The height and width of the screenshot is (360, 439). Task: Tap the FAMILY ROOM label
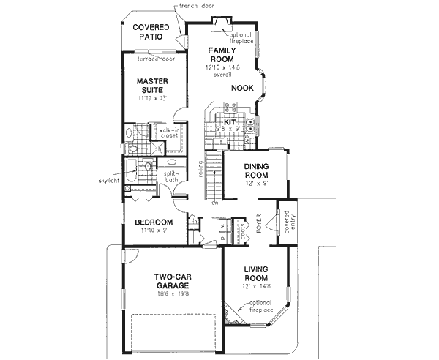[220, 56]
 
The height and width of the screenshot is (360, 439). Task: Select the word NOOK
[242, 88]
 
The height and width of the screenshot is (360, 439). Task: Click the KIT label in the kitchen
[229, 122]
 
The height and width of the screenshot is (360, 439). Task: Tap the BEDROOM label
[153, 222]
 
